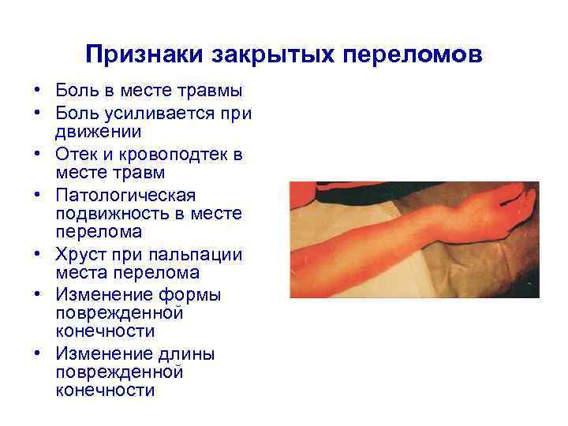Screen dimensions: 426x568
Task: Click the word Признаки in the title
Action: tap(145, 56)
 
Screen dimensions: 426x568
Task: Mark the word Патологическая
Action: tap(125, 194)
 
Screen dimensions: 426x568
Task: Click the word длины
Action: tap(186, 353)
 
